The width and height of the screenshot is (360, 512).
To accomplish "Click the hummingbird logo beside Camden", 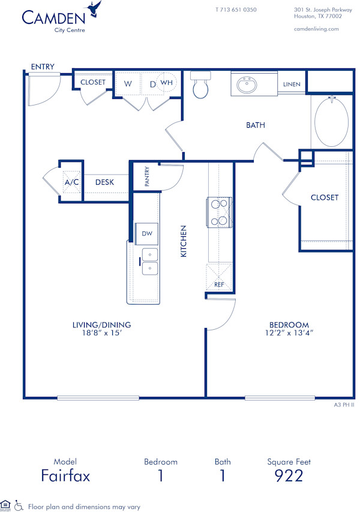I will click(94, 9).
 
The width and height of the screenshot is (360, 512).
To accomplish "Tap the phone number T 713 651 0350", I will click(236, 10).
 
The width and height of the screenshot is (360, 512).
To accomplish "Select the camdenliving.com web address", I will click(316, 29).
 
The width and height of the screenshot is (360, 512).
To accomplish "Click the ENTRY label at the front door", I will click(43, 67).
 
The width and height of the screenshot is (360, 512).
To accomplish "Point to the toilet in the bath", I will click(200, 86).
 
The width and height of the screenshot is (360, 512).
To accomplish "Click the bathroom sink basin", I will click(247, 85).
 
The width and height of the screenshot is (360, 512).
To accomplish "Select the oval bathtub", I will click(331, 122).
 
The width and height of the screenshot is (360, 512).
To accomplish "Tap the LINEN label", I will click(292, 85).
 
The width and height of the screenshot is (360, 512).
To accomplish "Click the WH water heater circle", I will click(167, 83).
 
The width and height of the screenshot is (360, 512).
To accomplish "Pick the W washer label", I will click(128, 84).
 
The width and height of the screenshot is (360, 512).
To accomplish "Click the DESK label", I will click(104, 182).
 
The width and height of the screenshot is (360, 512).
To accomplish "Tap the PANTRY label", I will click(146, 176).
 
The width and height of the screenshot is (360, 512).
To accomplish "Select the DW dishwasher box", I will click(147, 233).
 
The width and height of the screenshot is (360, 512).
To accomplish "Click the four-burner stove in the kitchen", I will click(219, 212).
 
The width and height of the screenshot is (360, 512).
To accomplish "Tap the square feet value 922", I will click(289, 476).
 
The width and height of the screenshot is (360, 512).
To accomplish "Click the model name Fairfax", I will click(65, 476).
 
